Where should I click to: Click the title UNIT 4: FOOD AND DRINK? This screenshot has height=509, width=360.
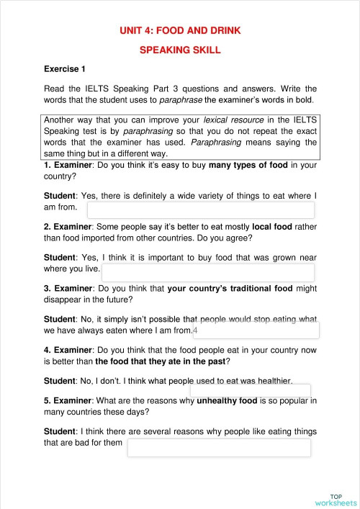(180, 30)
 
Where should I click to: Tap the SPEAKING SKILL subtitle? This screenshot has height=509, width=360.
(180, 50)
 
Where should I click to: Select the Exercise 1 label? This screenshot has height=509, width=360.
(65, 69)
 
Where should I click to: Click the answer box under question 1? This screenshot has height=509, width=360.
(200, 210)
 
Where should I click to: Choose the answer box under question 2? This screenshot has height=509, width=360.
(208, 272)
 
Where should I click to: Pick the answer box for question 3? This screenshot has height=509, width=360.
(256, 330)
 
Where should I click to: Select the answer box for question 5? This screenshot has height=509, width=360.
(219, 447)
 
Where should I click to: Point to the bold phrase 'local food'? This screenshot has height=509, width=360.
(273, 226)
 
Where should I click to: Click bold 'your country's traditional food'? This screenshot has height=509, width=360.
(230, 289)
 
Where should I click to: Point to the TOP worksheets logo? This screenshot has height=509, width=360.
(336, 500)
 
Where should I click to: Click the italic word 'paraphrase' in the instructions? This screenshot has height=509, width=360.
(181, 99)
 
